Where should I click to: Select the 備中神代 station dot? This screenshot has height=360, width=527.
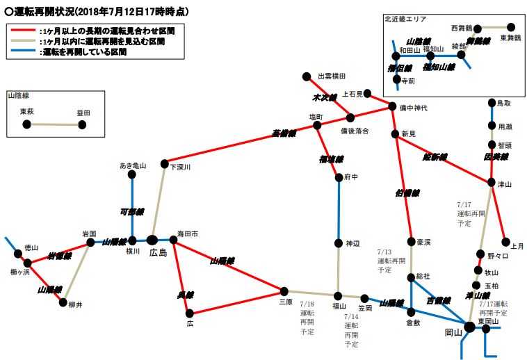click(392, 107)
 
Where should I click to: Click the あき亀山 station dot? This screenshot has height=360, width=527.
click(132, 176)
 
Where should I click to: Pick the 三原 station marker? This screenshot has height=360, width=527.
click(284, 291)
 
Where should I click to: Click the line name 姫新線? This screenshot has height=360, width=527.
click(436, 157)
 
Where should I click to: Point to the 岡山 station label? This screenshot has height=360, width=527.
click(453, 333)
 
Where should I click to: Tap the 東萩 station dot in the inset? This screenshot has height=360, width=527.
click(26, 124)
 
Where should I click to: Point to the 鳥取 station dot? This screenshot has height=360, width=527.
click(492, 104)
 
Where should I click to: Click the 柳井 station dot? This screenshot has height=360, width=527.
click(63, 303)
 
